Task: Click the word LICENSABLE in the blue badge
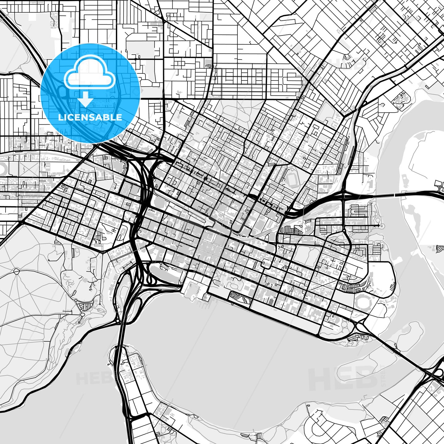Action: (90, 117)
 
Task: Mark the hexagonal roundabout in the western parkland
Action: (17, 271)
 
